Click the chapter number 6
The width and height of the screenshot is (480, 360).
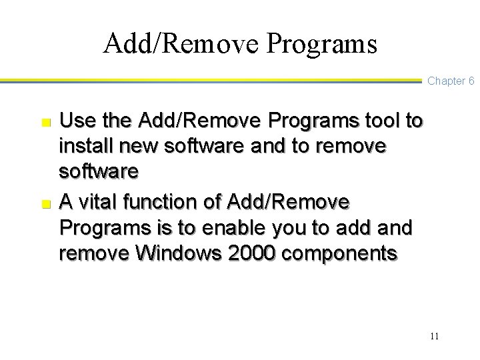click(x=471, y=81)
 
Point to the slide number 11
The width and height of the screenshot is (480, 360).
click(x=434, y=335)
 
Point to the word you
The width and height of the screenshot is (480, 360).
click(x=289, y=228)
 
